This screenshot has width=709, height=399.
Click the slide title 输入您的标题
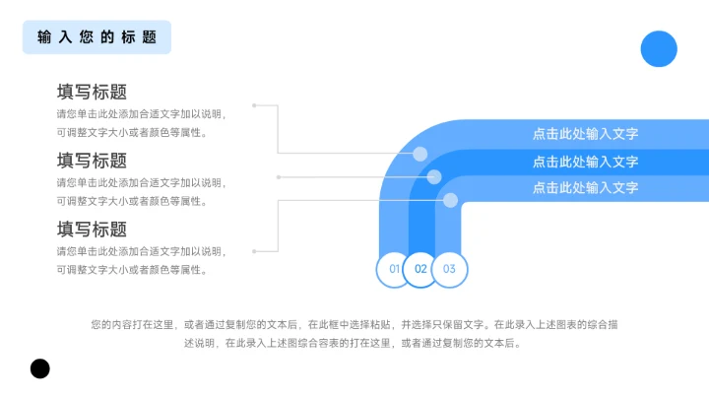(x=97, y=37)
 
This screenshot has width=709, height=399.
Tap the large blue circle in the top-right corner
(x=659, y=48)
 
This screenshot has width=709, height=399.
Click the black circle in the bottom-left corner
(x=39, y=368)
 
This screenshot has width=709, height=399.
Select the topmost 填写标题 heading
(x=92, y=93)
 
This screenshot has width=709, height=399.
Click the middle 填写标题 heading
(x=92, y=161)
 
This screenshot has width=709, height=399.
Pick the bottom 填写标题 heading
(x=92, y=230)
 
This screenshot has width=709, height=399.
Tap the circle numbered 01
(x=394, y=268)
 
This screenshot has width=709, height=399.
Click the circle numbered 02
(x=420, y=268)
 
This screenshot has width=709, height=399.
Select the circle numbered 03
(x=449, y=268)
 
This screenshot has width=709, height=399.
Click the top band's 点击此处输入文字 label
(x=585, y=135)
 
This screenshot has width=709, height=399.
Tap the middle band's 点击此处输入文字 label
(x=585, y=162)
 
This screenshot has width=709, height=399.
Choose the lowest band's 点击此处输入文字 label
(x=585, y=187)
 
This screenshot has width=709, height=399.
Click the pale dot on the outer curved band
(x=420, y=154)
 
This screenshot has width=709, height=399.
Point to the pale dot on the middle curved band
(x=434, y=177)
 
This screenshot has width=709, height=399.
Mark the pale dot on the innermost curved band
(x=450, y=200)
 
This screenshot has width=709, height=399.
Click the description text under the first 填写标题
(x=141, y=123)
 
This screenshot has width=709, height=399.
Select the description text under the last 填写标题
(x=141, y=260)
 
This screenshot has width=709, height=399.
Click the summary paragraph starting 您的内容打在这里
(x=354, y=334)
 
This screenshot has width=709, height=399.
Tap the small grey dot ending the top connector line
(x=254, y=104)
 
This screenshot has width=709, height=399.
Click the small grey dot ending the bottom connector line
(x=254, y=251)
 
